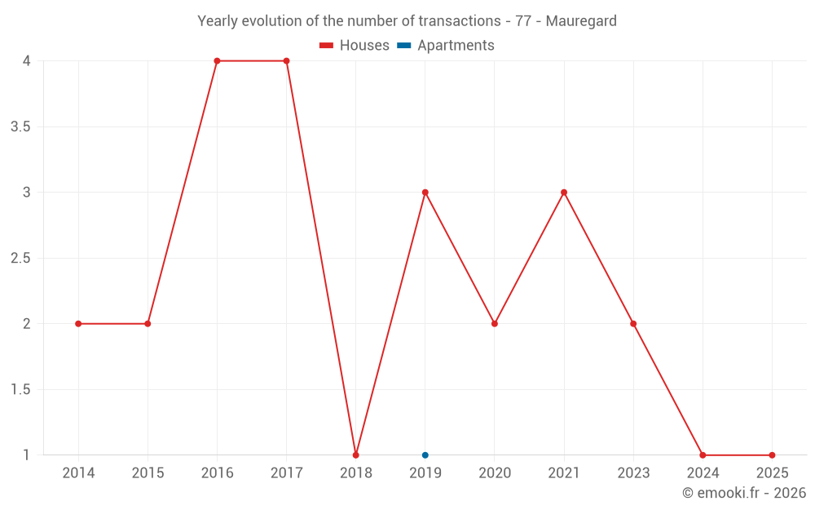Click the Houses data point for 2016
(x=217, y=61)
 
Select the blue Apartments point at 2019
(x=425, y=455)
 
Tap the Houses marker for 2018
(x=356, y=455)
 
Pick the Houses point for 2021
(x=564, y=193)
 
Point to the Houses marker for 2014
(x=78, y=324)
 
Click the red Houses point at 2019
(x=425, y=193)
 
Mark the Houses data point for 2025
(x=772, y=455)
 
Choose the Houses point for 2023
(x=633, y=324)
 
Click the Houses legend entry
(x=355, y=46)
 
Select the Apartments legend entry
(x=446, y=46)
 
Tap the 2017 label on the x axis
(x=286, y=473)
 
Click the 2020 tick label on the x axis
(x=495, y=473)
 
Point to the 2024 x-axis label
(x=703, y=473)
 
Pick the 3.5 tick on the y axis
(x=20, y=127)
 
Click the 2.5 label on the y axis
(x=20, y=259)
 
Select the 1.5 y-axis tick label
(x=20, y=390)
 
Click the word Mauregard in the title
(x=581, y=21)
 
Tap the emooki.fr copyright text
(x=744, y=493)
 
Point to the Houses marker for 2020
(x=495, y=324)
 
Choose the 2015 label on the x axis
(x=148, y=473)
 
